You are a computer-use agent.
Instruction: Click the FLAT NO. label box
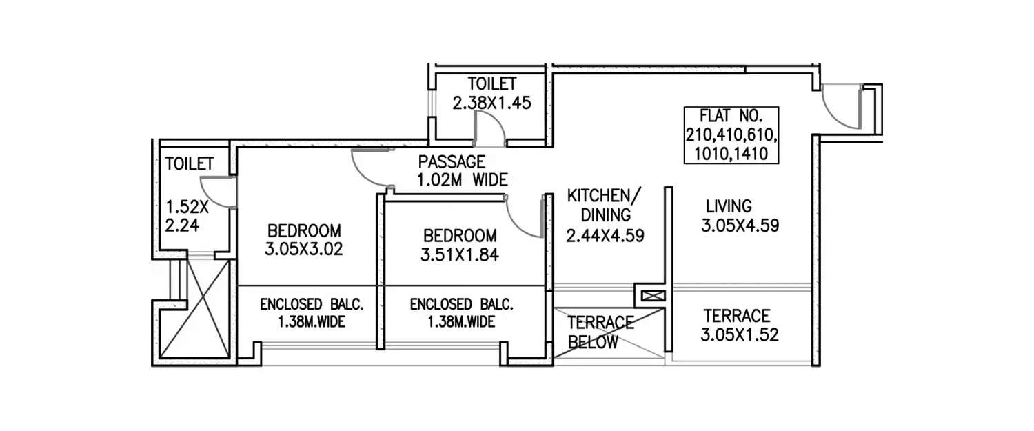[x=731, y=135]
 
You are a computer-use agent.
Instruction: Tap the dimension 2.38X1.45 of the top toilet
[x=491, y=103]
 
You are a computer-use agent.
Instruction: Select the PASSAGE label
[x=452, y=163]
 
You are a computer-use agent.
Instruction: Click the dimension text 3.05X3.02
[x=304, y=248]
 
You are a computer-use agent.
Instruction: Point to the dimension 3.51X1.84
[x=459, y=254]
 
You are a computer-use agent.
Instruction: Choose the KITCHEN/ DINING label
[x=604, y=204]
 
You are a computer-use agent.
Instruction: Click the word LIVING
[x=729, y=206]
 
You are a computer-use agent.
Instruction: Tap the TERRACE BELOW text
[x=600, y=332]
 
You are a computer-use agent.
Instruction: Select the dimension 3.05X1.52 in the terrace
[x=740, y=335]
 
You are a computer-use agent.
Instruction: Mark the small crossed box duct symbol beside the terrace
[x=649, y=296]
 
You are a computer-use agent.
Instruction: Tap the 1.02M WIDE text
[x=462, y=181]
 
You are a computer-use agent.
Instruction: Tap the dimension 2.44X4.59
[x=605, y=236]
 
